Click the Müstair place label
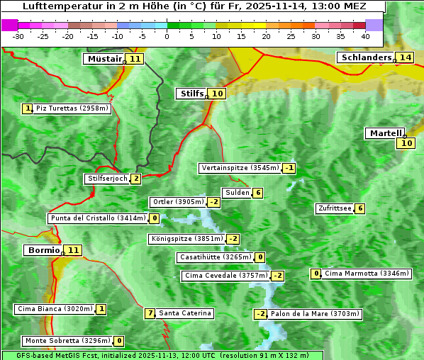coord(104,59)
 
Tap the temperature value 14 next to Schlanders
coord(405,57)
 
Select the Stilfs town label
coord(191,94)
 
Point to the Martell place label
coord(385,133)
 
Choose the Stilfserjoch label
coord(107,179)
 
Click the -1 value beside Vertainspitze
coord(289,168)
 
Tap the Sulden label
coord(237,193)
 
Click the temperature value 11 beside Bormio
coord(74,250)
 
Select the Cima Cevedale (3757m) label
coord(225,276)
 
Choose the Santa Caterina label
coord(184,313)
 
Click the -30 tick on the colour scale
coord(18,36)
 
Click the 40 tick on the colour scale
coord(365,36)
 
